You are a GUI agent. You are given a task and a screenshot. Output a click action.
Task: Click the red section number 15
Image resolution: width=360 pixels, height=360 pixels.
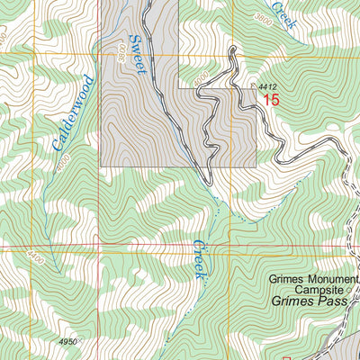[x=271, y=102]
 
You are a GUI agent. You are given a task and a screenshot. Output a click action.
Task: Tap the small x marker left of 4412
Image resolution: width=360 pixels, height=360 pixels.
[x=252, y=86]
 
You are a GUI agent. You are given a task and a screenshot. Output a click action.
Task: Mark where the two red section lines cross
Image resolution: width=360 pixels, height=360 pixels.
[x=230, y=246]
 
